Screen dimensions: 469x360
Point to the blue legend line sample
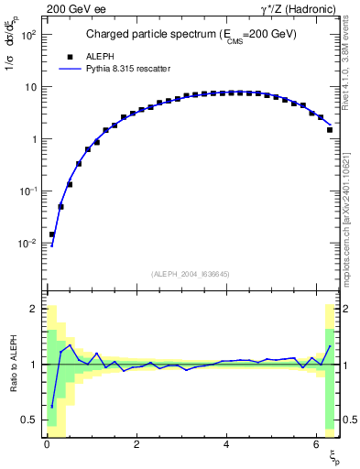(72, 68)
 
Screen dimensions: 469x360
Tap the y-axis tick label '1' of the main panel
(33, 139)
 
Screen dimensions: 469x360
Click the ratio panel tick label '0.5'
(28, 420)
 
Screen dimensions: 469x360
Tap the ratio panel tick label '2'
(33, 309)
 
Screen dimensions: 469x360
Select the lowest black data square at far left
(52, 234)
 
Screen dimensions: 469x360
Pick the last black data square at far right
(329, 130)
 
